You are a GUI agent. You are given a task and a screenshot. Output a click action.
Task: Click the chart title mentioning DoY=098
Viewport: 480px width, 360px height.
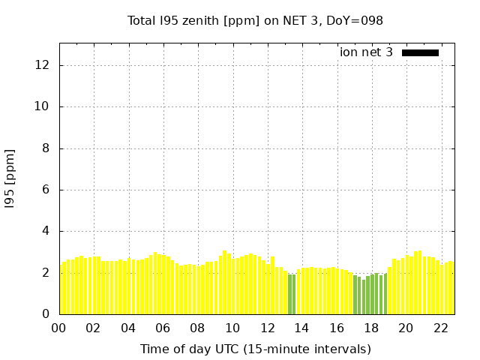(x=255, y=21)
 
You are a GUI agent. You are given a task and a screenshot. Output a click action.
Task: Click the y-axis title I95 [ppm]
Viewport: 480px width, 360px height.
(x=10, y=178)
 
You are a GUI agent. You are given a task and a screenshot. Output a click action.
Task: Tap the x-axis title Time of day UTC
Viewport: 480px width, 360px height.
(x=255, y=349)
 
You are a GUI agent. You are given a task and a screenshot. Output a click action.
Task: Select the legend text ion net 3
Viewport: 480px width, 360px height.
(x=366, y=52)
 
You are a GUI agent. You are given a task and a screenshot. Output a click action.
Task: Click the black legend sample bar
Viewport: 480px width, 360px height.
(x=420, y=52)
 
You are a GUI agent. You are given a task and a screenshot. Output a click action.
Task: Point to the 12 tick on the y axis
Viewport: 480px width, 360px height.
(x=43, y=65)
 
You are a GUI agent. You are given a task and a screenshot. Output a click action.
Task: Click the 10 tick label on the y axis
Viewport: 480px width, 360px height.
(x=43, y=106)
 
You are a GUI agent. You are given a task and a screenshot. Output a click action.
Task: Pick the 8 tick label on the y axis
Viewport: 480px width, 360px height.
(x=46, y=148)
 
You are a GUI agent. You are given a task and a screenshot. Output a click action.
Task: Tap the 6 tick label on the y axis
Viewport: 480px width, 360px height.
(x=46, y=190)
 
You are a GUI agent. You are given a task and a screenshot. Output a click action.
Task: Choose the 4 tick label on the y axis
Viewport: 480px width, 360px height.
(x=46, y=231)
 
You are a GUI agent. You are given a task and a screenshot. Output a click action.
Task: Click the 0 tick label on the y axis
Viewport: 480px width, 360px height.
(x=46, y=314)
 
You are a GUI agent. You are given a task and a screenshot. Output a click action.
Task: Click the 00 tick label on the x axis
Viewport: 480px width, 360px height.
(x=58, y=328)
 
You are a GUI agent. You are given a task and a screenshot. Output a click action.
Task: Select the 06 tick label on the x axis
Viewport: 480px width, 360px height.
(x=163, y=328)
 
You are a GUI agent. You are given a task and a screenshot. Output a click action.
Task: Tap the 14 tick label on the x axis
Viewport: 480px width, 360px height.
(x=301, y=328)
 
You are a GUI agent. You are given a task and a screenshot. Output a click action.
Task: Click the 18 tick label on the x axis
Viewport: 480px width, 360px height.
(x=371, y=328)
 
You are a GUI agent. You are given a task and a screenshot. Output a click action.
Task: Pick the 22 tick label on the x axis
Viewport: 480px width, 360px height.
(x=440, y=328)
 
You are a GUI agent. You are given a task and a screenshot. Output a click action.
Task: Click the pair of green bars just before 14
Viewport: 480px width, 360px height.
(x=292, y=294)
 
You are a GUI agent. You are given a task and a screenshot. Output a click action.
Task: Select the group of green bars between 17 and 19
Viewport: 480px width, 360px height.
(x=370, y=295)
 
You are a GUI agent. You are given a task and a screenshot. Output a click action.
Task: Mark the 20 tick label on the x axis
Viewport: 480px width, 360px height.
(x=406, y=328)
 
